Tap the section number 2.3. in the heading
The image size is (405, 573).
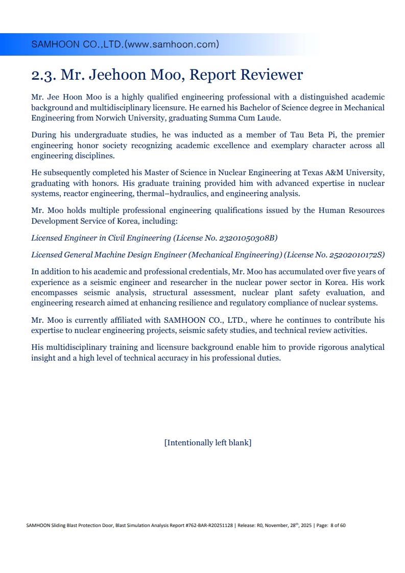coord(43,75)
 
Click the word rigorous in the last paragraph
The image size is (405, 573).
coord(306,347)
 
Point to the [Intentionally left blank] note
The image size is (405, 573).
coord(207,443)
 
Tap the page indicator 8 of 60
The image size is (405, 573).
coord(338,525)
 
